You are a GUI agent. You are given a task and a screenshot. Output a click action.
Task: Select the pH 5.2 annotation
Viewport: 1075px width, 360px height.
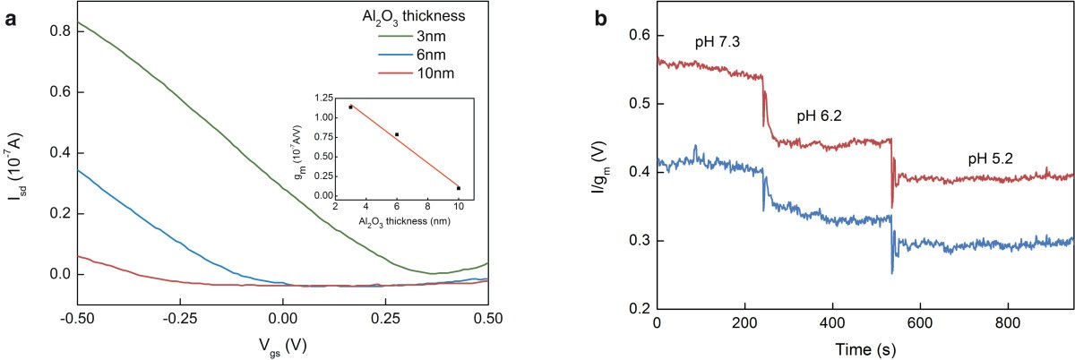coord(991,159)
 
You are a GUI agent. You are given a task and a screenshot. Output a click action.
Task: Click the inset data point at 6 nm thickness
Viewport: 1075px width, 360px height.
coord(397,134)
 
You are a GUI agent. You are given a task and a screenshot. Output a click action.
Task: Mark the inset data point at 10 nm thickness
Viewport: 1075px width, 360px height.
coord(459,188)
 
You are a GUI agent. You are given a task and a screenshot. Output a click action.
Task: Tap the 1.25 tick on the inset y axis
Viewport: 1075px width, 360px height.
coord(323,93)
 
